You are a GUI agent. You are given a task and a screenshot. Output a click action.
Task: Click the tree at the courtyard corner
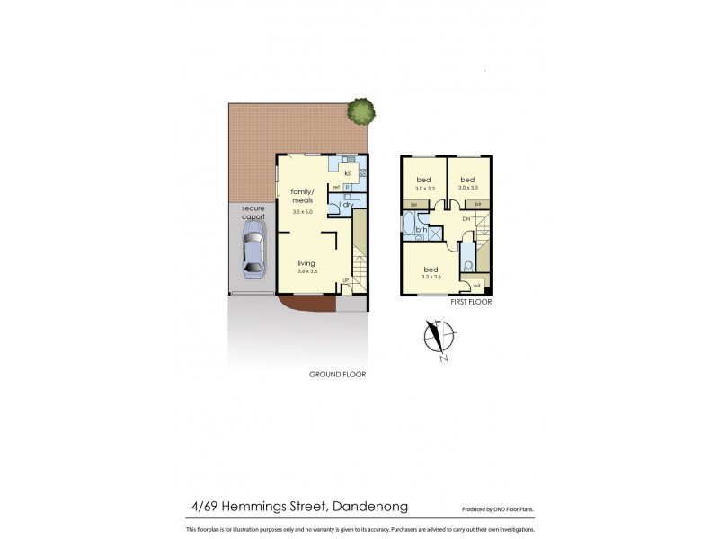click(360, 111)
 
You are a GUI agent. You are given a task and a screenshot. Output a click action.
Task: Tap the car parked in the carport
click(252, 254)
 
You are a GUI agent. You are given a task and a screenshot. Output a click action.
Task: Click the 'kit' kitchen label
click(347, 172)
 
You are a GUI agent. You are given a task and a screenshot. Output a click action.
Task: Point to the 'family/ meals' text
click(302, 196)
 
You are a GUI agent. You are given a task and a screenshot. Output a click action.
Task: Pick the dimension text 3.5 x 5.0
click(302, 212)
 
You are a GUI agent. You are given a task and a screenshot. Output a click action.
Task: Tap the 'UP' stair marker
click(346, 283)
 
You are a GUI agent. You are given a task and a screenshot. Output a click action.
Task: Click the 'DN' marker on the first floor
click(466, 219)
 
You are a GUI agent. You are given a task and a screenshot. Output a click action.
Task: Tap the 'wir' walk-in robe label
click(476, 286)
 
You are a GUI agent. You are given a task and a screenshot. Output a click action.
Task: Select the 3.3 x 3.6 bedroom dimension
click(432, 278)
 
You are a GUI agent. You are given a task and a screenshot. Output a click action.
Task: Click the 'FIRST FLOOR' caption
click(471, 302)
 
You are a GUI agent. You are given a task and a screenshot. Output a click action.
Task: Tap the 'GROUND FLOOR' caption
click(337, 375)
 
